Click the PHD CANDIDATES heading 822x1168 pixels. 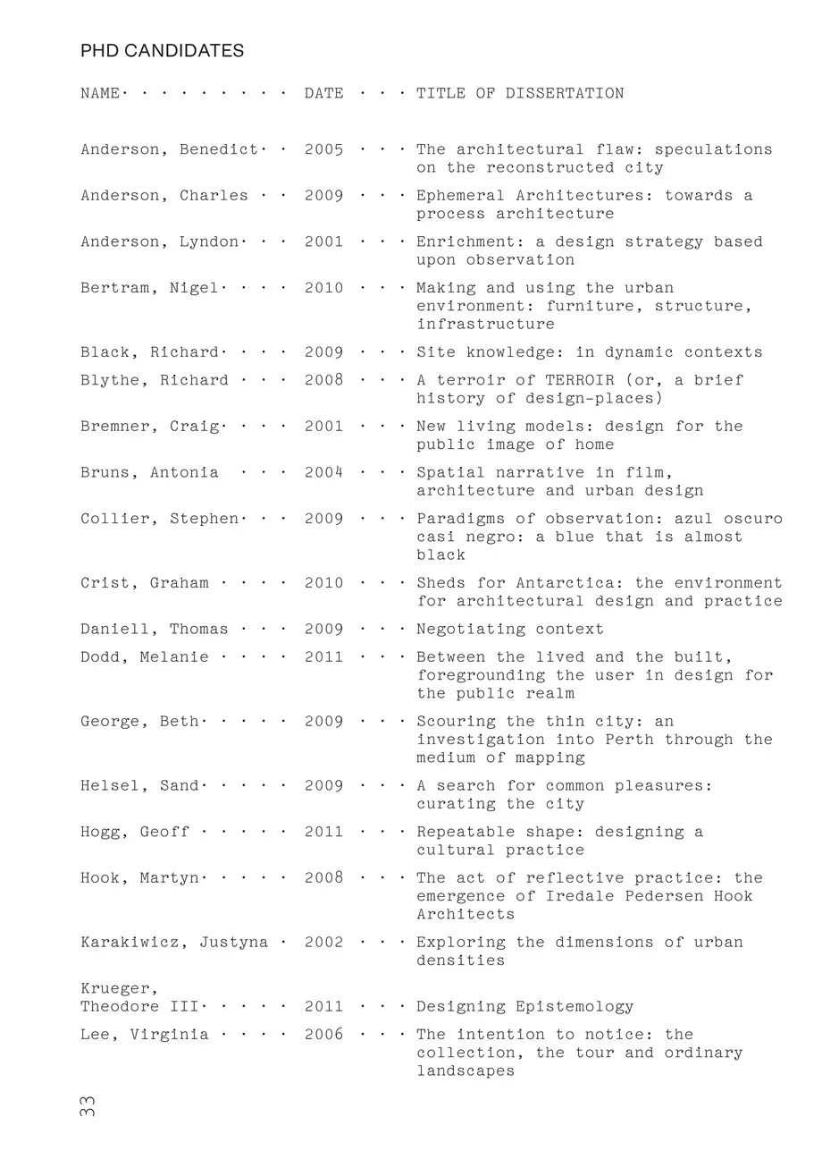coord(162,51)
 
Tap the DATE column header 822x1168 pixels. coord(323,93)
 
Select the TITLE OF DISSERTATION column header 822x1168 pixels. coord(520,93)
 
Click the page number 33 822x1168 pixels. coord(88,1106)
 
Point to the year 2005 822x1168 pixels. coord(323,149)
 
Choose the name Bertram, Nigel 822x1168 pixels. coord(149,288)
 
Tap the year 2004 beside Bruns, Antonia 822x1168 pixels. coord(323,472)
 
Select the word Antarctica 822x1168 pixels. coord(569,583)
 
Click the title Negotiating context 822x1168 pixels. coord(509,630)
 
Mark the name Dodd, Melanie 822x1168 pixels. coord(144,657)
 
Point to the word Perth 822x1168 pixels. coord(629,740)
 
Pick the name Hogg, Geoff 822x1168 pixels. coord(135,832)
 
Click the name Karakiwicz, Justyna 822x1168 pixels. coord(174,943)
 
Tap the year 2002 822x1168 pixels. coord(323,943)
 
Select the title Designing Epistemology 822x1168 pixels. coord(524,1007)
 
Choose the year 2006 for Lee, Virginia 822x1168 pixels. coord(323,1035)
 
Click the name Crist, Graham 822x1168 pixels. coord(144,583)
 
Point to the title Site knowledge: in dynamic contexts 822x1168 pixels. coord(589,352)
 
